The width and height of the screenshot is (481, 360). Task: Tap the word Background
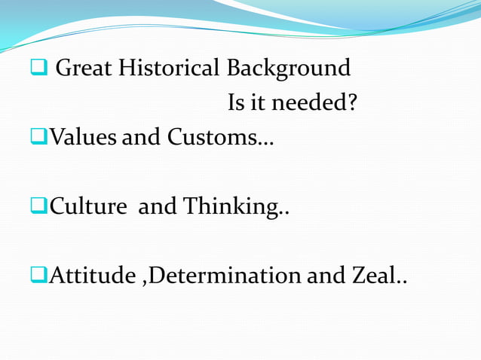290,69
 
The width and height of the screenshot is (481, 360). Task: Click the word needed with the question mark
314,103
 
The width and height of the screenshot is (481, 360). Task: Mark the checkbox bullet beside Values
38,139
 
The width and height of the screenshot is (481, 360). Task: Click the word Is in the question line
237,103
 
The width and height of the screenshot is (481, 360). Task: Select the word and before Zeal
327,276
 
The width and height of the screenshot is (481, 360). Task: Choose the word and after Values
141,138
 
